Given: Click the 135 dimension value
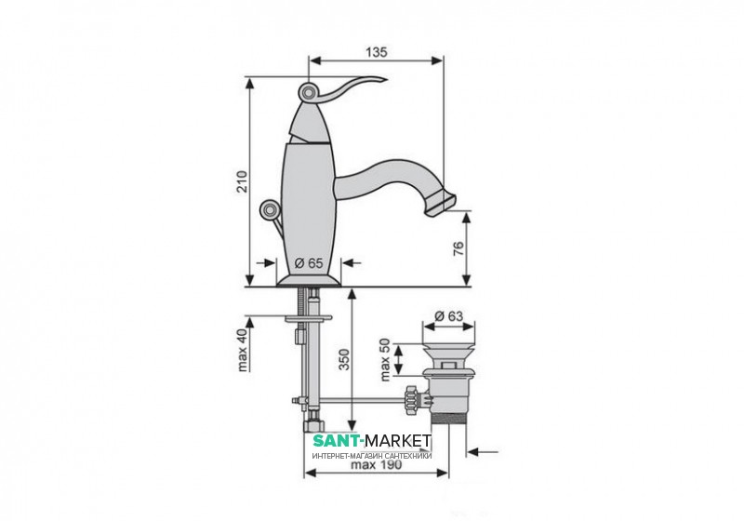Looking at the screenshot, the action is pos(377,52).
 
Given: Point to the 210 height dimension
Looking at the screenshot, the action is pos(243,180).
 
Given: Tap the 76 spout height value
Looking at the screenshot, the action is pos(458,248).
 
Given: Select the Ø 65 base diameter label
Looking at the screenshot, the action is pos(309,262).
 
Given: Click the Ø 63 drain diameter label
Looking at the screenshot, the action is pos(448,315).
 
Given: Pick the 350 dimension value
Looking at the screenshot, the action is pos(344,359).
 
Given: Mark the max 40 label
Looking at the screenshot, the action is pos(243,350).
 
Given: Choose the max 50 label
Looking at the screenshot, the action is pos(384,359).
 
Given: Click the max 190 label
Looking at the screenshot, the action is pos(377,464).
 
